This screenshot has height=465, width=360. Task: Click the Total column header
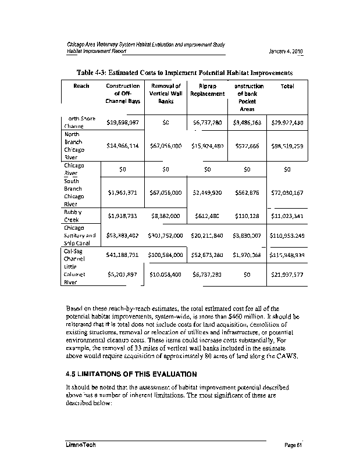pyautogui.click(x=287, y=86)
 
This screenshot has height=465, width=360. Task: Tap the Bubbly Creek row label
pyautogui.click(x=73, y=216)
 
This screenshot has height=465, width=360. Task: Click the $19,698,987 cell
pyautogui.click(x=123, y=123)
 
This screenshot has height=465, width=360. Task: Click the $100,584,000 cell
pyautogui.click(x=166, y=255)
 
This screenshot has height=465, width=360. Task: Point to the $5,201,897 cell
pyautogui.click(x=123, y=274)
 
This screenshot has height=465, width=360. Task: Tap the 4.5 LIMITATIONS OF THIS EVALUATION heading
pyautogui.click(x=131, y=373)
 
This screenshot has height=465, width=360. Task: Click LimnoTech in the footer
pyautogui.click(x=80, y=445)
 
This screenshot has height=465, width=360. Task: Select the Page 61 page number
pyautogui.click(x=294, y=445)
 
